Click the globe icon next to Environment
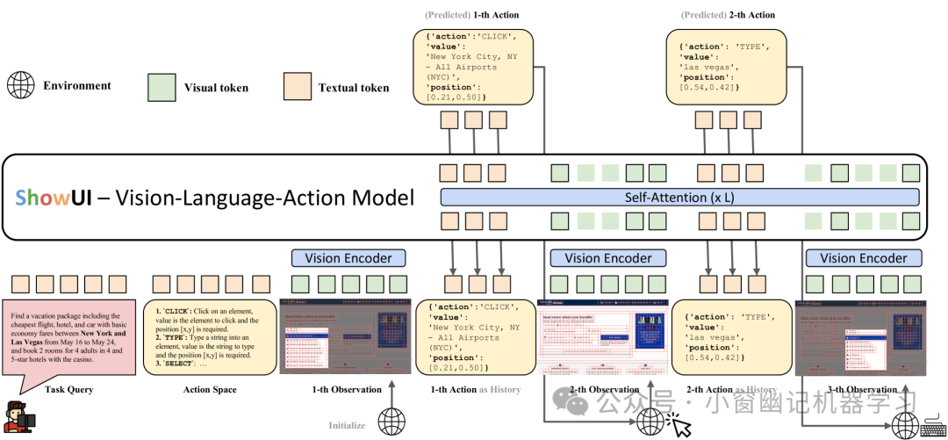[21, 86]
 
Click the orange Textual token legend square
[297, 87]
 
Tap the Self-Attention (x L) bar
[679, 198]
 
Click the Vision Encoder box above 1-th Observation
[348, 258]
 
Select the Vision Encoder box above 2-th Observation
[607, 258]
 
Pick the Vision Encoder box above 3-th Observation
[863, 258]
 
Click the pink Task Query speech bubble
[68, 339]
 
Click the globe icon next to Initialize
[391, 422]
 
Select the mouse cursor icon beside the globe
[679, 425]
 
